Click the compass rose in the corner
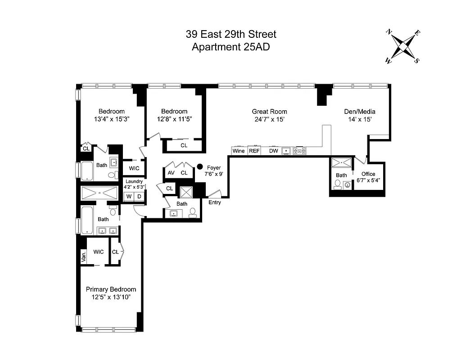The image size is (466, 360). pos(403,46)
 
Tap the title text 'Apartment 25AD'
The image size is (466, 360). pos(231,47)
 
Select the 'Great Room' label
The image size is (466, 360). pos(269,112)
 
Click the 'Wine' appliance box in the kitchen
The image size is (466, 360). pos(239,151)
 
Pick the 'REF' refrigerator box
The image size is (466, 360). pos(254,151)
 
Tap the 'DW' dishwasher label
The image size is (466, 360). pos(274,151)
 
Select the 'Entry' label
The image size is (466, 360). pos(215,202)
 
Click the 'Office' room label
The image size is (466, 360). pos(368,174)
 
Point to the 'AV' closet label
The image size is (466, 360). pos(171,173)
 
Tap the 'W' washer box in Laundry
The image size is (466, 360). pos(129,197)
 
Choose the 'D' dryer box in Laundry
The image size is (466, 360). pos(139,197)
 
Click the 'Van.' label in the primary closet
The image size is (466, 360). pos(83,257)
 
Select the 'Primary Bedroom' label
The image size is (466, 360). pos(111,289)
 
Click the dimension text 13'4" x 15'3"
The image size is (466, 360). pos(112,119)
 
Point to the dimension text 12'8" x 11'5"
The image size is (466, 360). pos(174,119)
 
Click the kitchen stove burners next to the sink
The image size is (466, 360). pos(299,151)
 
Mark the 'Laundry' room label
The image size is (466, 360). pos(134,181)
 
